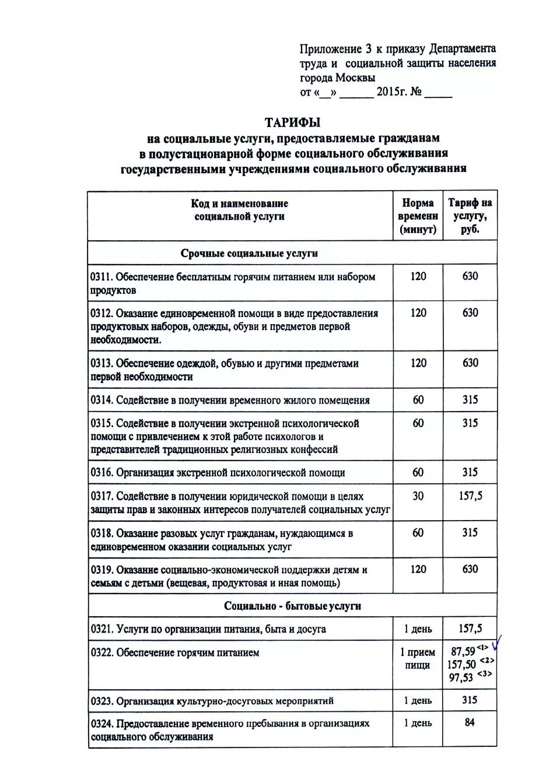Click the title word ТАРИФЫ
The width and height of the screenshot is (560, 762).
(x=292, y=122)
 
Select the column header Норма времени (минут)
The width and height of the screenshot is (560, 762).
(x=418, y=216)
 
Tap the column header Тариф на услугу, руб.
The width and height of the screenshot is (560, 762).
(x=470, y=216)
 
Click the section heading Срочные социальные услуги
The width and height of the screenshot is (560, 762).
(x=249, y=253)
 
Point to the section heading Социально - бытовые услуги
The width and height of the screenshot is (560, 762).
(x=292, y=606)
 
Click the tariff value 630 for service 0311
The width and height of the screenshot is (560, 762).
(x=470, y=276)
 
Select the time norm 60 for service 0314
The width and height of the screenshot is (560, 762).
(x=418, y=400)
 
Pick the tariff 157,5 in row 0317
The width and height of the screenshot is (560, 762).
(x=470, y=496)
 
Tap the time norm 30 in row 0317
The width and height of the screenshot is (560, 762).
(x=418, y=496)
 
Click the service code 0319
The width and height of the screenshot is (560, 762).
(x=101, y=570)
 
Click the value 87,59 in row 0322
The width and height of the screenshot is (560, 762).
(x=463, y=651)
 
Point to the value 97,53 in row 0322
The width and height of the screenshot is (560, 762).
(x=461, y=677)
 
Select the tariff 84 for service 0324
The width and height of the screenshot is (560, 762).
(x=470, y=722)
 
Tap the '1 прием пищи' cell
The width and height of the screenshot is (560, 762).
(x=418, y=658)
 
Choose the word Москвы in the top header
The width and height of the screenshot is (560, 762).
(x=355, y=78)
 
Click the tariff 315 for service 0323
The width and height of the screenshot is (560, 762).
(x=470, y=700)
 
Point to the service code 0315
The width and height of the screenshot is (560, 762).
(x=101, y=423)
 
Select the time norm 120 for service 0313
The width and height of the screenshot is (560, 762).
(x=418, y=363)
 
